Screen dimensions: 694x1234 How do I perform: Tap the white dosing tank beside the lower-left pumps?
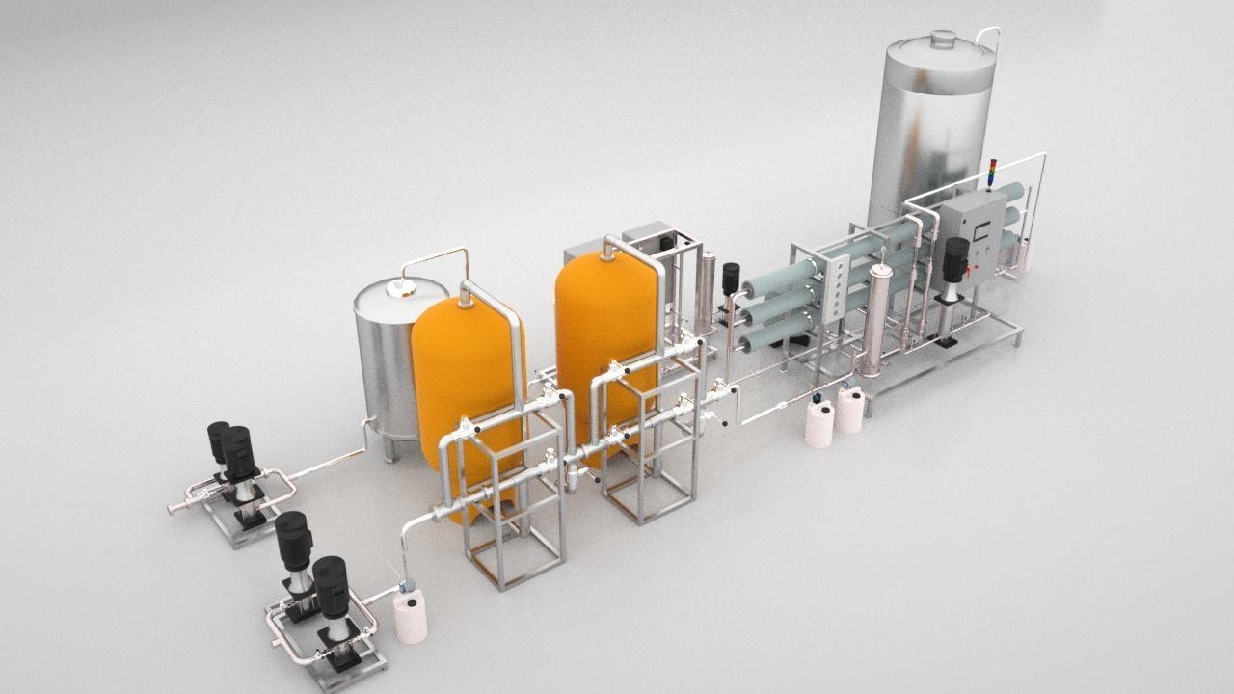pyautogui.click(x=411, y=617)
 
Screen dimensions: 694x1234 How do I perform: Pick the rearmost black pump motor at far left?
pyautogui.click(x=218, y=442)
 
